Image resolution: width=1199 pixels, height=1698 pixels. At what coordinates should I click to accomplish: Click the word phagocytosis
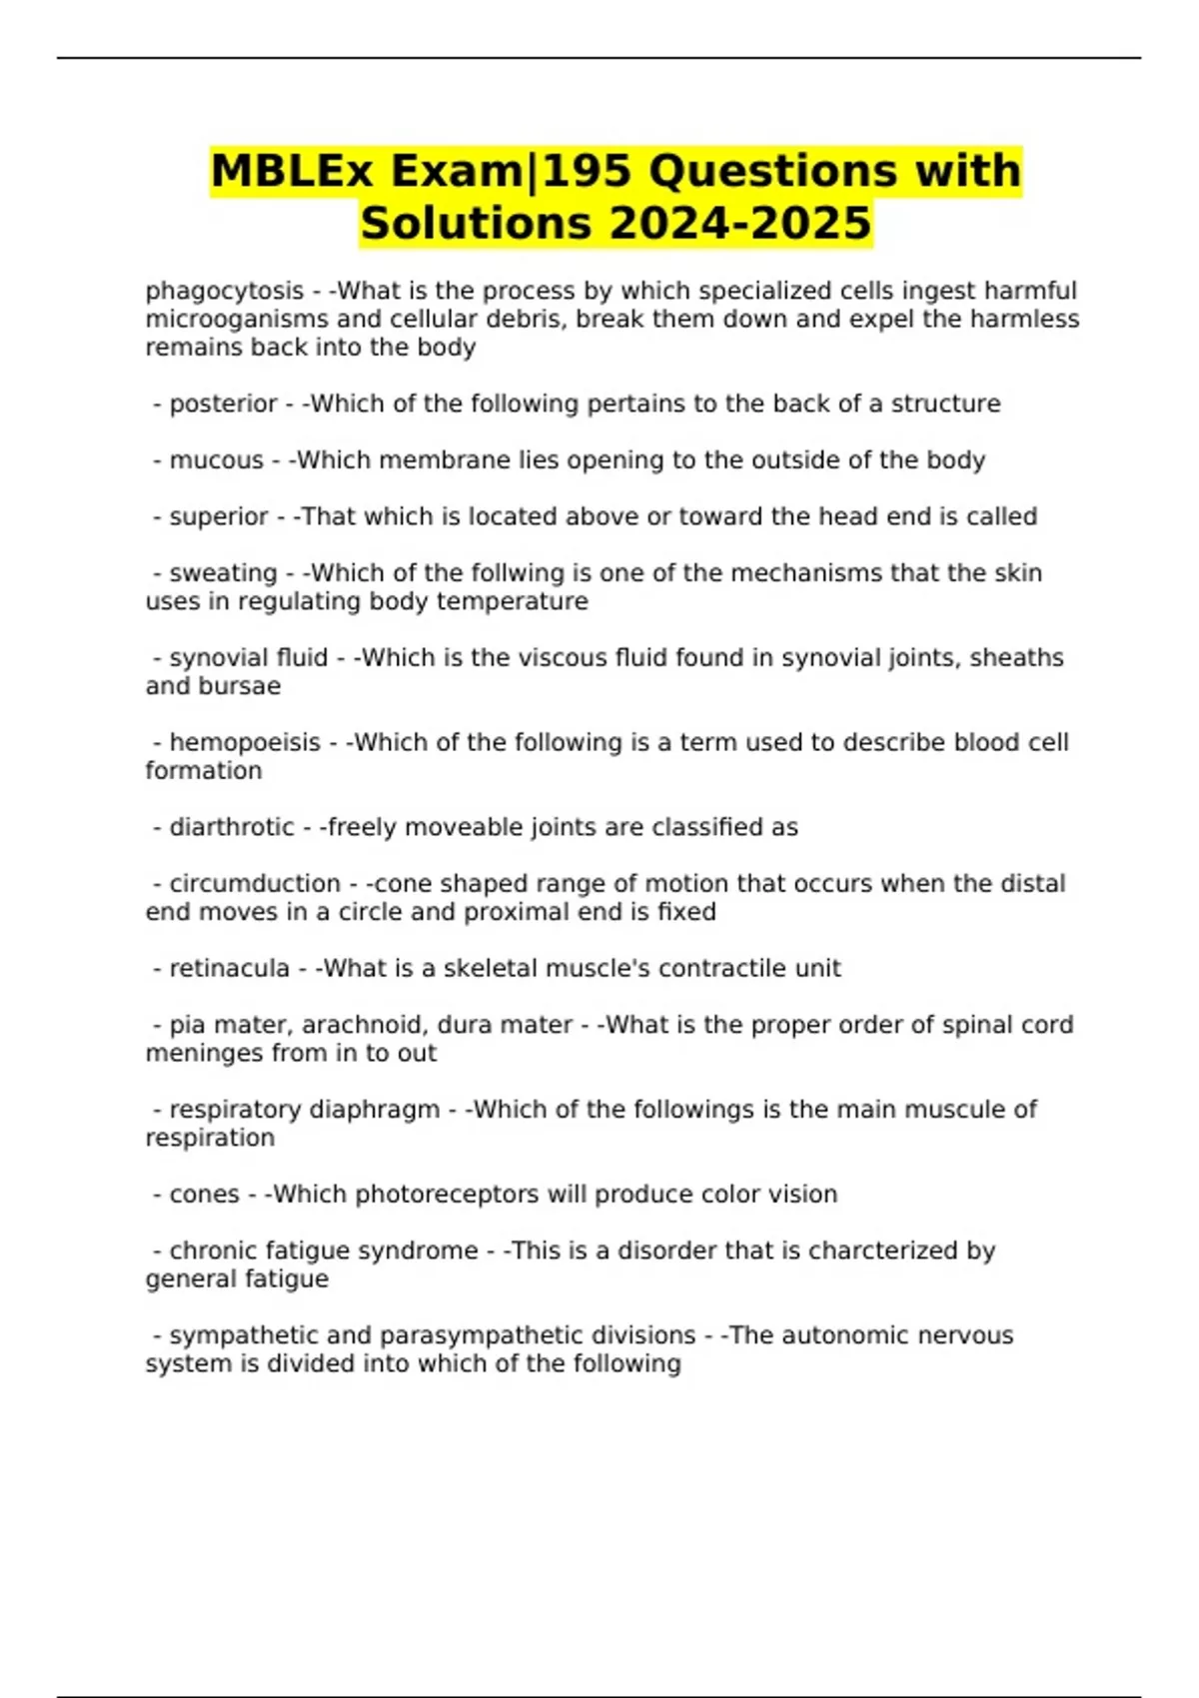[224, 291]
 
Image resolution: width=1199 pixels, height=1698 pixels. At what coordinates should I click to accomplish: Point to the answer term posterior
[223, 404]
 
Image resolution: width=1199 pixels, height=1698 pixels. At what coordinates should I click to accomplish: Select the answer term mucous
[216, 460]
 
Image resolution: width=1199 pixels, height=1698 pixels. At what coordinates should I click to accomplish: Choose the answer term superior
[219, 516]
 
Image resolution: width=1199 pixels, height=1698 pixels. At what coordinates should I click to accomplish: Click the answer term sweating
[223, 573]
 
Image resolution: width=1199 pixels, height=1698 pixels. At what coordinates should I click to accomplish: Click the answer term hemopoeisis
[245, 743]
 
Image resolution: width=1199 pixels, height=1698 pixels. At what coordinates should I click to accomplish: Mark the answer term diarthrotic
[232, 827]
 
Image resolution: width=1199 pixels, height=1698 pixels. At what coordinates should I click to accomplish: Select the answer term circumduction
[255, 884]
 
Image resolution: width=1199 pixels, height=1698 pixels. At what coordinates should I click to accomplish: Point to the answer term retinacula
[229, 969]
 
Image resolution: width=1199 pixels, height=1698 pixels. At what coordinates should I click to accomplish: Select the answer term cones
[204, 1195]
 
